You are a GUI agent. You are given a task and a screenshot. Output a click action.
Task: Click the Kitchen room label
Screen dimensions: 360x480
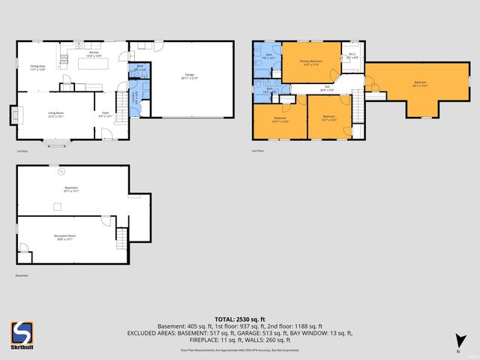(94, 55)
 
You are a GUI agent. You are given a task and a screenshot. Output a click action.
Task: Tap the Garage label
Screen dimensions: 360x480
(190, 75)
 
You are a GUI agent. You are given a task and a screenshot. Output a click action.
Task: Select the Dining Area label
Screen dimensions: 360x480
(38, 67)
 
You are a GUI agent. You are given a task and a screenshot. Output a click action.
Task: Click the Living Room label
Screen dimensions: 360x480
(56, 114)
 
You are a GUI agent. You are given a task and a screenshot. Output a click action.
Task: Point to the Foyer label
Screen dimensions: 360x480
(105, 115)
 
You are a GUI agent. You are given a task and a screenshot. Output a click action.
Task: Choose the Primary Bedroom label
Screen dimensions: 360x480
(310, 62)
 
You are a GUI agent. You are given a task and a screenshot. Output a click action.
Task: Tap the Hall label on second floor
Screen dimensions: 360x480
(328, 88)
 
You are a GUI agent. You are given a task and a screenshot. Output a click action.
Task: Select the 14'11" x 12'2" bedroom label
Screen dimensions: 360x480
(280, 118)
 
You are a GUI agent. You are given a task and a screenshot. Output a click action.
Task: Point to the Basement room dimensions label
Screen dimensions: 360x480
(70, 190)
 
